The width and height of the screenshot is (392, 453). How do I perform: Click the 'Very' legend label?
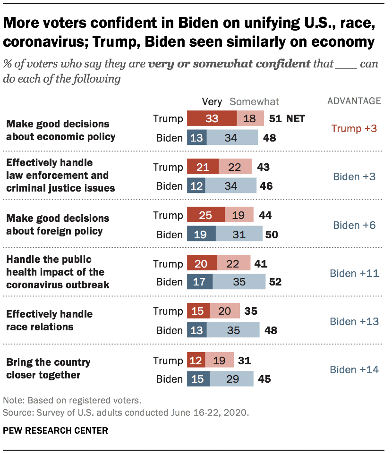(x=212, y=101)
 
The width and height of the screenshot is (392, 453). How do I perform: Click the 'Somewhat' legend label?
(x=254, y=101)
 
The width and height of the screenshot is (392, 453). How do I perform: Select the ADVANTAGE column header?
(x=354, y=101)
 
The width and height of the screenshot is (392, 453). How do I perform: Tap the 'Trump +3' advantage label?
(x=354, y=128)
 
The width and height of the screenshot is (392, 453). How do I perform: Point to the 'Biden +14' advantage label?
(x=354, y=369)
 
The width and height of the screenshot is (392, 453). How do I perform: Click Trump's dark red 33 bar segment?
(x=212, y=118)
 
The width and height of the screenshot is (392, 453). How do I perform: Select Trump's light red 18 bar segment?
(x=250, y=118)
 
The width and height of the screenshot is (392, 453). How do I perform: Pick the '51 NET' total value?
(x=287, y=118)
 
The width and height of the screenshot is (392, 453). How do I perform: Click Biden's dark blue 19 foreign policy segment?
(x=201, y=235)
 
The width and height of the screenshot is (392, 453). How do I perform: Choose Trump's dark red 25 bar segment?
(x=206, y=216)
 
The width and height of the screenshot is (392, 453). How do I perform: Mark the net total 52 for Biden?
(x=275, y=282)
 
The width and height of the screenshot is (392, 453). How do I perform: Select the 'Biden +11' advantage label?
(x=354, y=273)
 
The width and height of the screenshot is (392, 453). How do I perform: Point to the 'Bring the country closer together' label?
(x=48, y=369)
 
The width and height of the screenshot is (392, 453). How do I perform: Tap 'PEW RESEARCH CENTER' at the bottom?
(x=56, y=430)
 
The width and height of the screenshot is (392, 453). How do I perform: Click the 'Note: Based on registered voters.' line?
(x=72, y=401)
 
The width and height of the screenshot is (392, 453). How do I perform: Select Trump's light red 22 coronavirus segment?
(x=232, y=264)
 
